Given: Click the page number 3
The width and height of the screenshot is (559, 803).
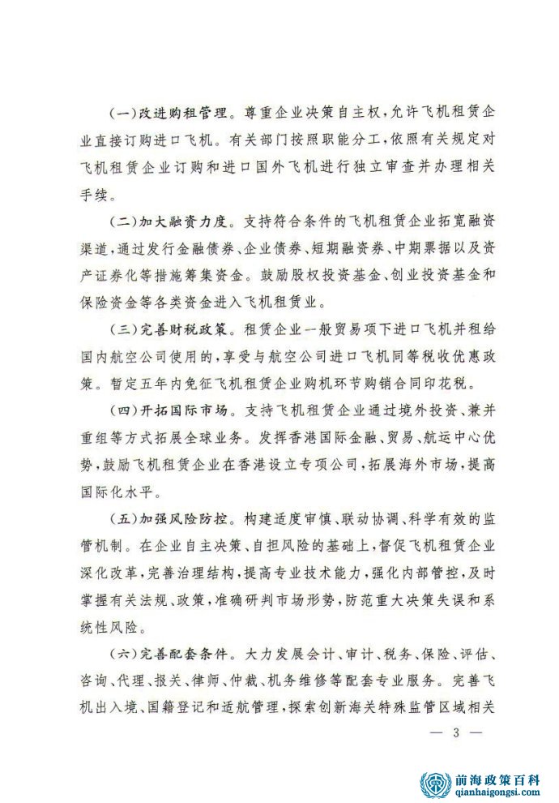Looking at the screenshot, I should point(456,732).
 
